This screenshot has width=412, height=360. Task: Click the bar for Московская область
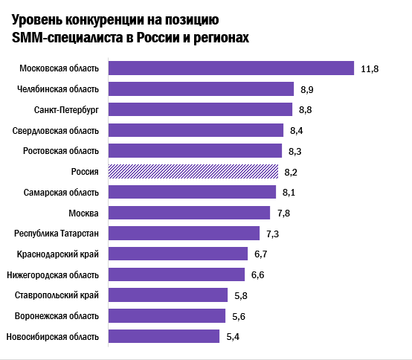[x=231, y=68]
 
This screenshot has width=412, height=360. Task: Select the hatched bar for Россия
[x=193, y=172]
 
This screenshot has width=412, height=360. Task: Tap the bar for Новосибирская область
[x=164, y=337]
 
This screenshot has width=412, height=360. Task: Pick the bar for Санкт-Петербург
[x=200, y=110]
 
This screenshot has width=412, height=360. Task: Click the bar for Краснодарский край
[x=178, y=254]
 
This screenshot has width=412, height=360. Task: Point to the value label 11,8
[x=370, y=69]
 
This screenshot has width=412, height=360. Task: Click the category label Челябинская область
[x=57, y=89]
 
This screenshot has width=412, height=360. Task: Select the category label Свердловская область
[x=56, y=131]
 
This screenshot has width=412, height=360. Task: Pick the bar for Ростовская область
[x=196, y=151]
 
